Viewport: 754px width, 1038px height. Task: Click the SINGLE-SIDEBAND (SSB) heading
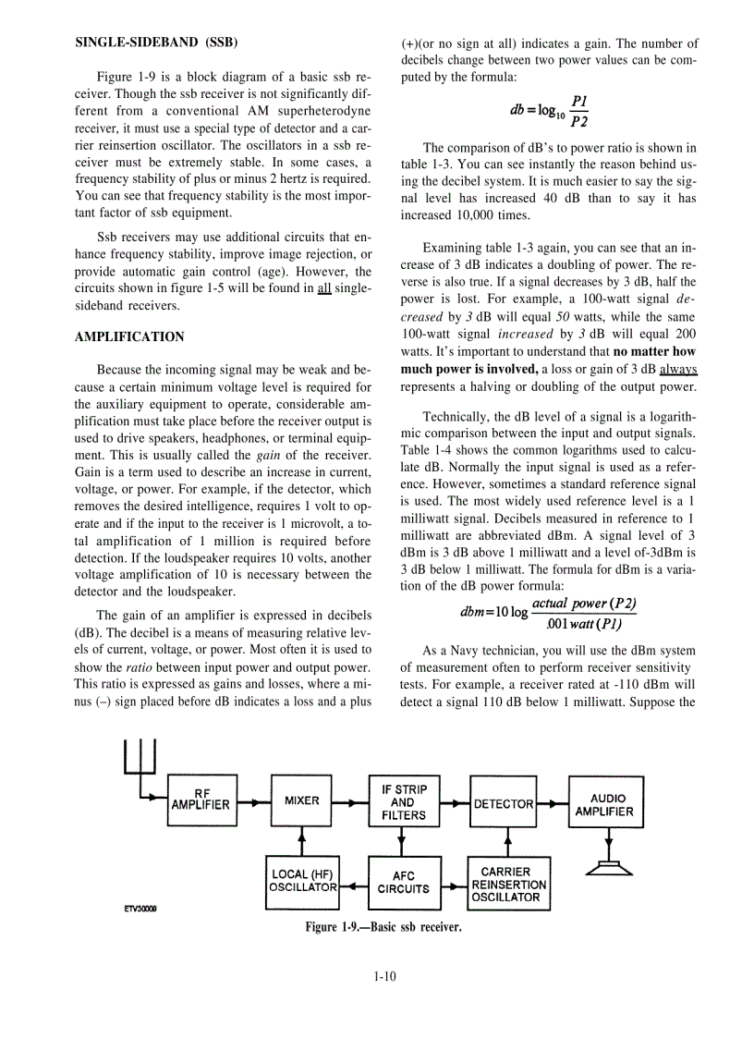click(x=154, y=43)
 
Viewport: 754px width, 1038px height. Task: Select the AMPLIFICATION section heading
click(x=129, y=336)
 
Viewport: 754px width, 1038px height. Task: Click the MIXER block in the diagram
click(x=301, y=800)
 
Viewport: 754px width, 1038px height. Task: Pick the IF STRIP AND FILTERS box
click(x=404, y=801)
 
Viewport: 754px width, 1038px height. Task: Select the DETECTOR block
click(x=504, y=803)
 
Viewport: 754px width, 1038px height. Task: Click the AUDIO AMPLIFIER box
click(x=605, y=804)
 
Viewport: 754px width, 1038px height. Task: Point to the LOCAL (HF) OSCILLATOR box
click(x=302, y=881)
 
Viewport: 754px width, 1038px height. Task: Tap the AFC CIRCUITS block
click(x=404, y=883)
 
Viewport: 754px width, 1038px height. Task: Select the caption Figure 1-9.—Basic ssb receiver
click(x=383, y=926)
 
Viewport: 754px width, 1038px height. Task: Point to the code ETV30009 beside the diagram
click(x=140, y=909)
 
